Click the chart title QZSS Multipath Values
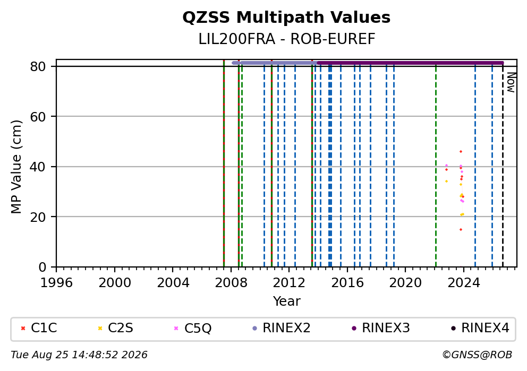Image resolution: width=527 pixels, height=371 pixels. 286,18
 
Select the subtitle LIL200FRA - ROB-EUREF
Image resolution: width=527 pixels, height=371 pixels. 287,39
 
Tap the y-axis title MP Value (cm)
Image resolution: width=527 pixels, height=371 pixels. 16,167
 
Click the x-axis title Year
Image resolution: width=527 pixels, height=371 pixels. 287,301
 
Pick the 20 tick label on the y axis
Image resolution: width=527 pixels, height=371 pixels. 38,217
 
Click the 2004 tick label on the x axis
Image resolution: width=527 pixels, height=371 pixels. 173,283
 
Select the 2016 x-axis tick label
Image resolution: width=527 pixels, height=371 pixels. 347,283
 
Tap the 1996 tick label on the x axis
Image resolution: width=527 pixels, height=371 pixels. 56,283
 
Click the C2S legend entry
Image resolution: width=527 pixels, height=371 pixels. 116,328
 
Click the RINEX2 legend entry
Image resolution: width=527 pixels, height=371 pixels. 282,328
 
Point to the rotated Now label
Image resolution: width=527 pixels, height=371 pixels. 511,83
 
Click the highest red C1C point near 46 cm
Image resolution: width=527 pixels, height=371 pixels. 461,152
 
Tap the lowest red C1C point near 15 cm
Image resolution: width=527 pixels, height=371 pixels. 461,230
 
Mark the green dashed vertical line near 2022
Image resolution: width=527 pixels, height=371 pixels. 436,167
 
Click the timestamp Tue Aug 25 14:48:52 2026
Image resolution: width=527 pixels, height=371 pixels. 79,355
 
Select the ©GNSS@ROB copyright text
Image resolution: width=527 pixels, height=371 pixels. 477,355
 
